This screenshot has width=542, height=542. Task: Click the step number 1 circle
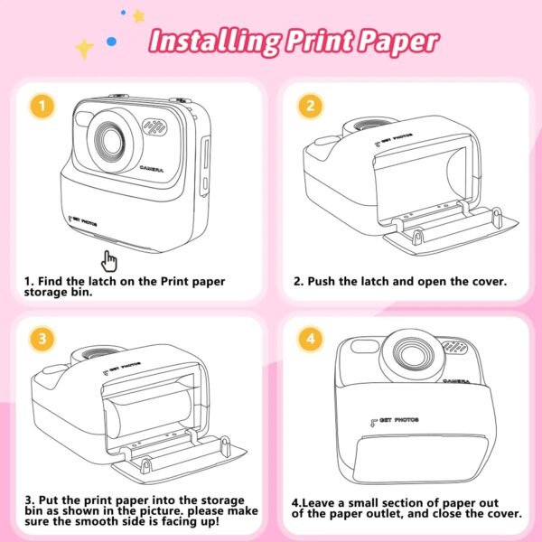(x=38, y=107)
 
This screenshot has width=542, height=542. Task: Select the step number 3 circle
(x=38, y=340)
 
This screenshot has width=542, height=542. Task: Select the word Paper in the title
(x=397, y=41)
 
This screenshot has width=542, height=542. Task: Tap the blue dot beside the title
(x=111, y=40)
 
